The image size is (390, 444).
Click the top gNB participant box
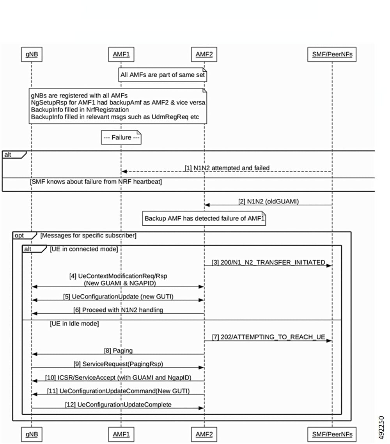point(31,55)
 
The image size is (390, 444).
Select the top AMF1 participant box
point(121,55)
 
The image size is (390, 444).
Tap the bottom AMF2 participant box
point(204,434)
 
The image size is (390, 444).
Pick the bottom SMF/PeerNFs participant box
point(332,434)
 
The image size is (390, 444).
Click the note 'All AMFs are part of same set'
point(163,74)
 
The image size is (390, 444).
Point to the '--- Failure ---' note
point(121,138)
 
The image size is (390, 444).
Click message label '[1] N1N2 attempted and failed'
point(227,168)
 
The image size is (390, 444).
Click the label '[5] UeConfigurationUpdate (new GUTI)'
point(118,296)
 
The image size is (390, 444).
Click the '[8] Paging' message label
point(118,350)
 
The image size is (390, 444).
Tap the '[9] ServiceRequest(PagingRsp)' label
point(118,364)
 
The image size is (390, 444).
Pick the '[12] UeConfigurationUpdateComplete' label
point(118,404)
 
